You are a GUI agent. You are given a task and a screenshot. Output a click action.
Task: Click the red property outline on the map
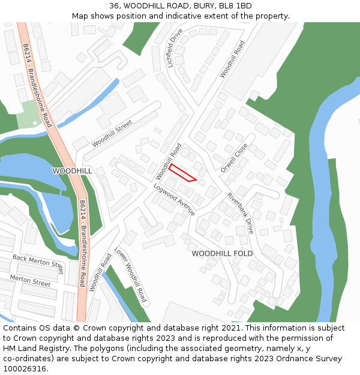182,172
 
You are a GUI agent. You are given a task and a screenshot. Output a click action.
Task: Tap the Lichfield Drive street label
175,48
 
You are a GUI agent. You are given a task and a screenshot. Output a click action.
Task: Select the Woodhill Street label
112,134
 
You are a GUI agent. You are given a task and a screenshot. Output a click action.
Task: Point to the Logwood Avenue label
174,200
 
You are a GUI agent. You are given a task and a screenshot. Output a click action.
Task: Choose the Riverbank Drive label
240,213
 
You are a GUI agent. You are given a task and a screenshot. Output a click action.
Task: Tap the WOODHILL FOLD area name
222,254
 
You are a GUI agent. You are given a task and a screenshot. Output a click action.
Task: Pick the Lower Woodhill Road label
130,275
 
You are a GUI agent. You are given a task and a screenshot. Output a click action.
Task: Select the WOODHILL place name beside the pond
73,171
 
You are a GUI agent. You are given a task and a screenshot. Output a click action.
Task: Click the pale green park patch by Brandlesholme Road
28,115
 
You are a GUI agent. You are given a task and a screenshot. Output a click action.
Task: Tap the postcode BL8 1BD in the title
236,6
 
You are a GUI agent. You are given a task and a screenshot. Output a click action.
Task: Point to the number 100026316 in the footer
25,369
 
